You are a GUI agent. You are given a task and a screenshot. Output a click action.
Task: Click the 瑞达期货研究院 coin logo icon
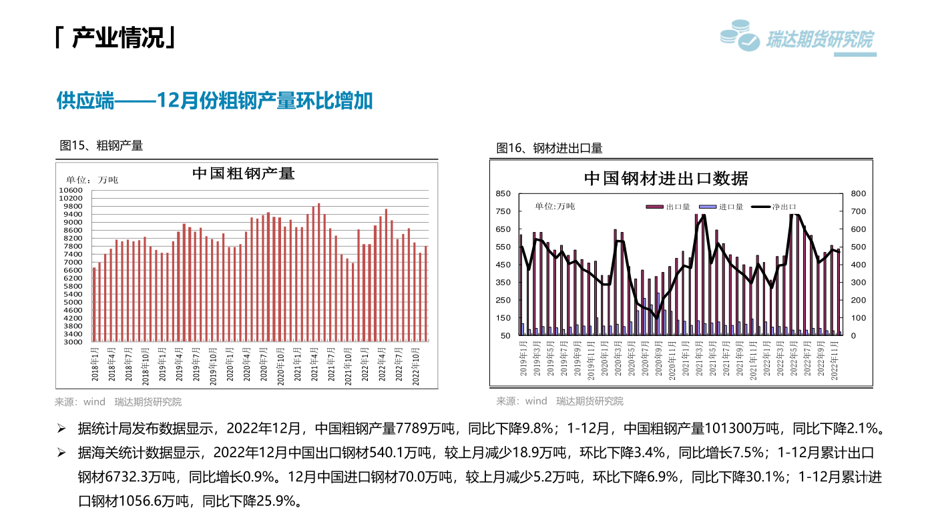pyautogui.click(x=740, y=35)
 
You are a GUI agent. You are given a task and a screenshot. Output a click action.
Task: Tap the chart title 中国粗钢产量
pyautogui.click(x=244, y=173)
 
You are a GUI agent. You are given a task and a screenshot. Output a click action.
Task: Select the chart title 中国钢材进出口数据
pyautogui.click(x=666, y=179)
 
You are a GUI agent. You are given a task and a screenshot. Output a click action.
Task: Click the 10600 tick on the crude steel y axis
pyautogui.click(x=72, y=191)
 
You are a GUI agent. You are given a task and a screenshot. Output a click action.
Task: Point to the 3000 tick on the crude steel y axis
pyautogui.click(x=73, y=342)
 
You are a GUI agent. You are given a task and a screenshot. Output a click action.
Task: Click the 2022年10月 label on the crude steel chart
pyautogui.click(x=417, y=363)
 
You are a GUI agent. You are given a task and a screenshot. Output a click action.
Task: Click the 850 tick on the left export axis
pyautogui.click(x=503, y=193)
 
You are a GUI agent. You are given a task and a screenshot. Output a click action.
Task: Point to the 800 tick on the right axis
pyautogui.click(x=858, y=193)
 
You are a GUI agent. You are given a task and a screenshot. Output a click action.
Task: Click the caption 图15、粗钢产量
pyautogui.click(x=101, y=145)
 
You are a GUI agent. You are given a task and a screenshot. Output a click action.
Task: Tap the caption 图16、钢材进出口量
pyautogui.click(x=549, y=148)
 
